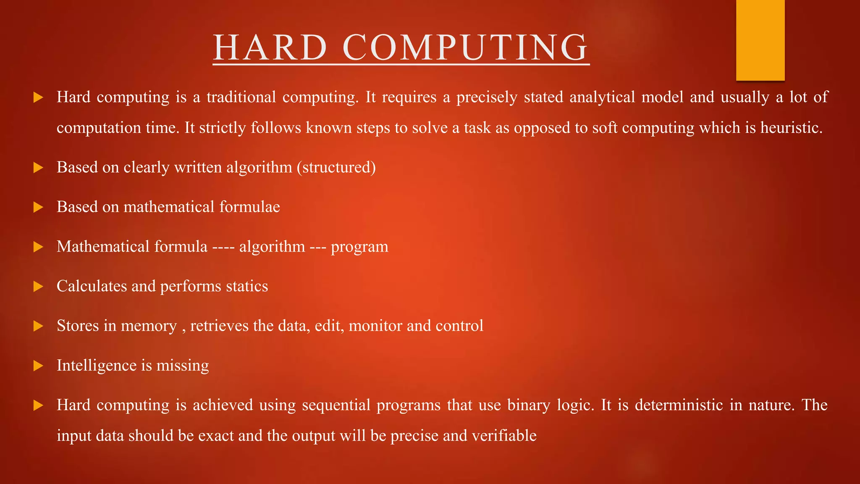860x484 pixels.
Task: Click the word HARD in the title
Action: coord(270,47)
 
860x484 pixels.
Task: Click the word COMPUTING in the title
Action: coord(465,47)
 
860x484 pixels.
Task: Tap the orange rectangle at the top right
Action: coord(760,40)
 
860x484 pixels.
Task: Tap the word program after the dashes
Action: coord(359,247)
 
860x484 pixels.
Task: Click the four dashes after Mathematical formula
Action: coord(223,247)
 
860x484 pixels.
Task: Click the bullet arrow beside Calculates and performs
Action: coord(38,287)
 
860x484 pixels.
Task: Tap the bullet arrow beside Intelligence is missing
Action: coord(38,366)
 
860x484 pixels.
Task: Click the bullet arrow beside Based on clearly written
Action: coord(38,168)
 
